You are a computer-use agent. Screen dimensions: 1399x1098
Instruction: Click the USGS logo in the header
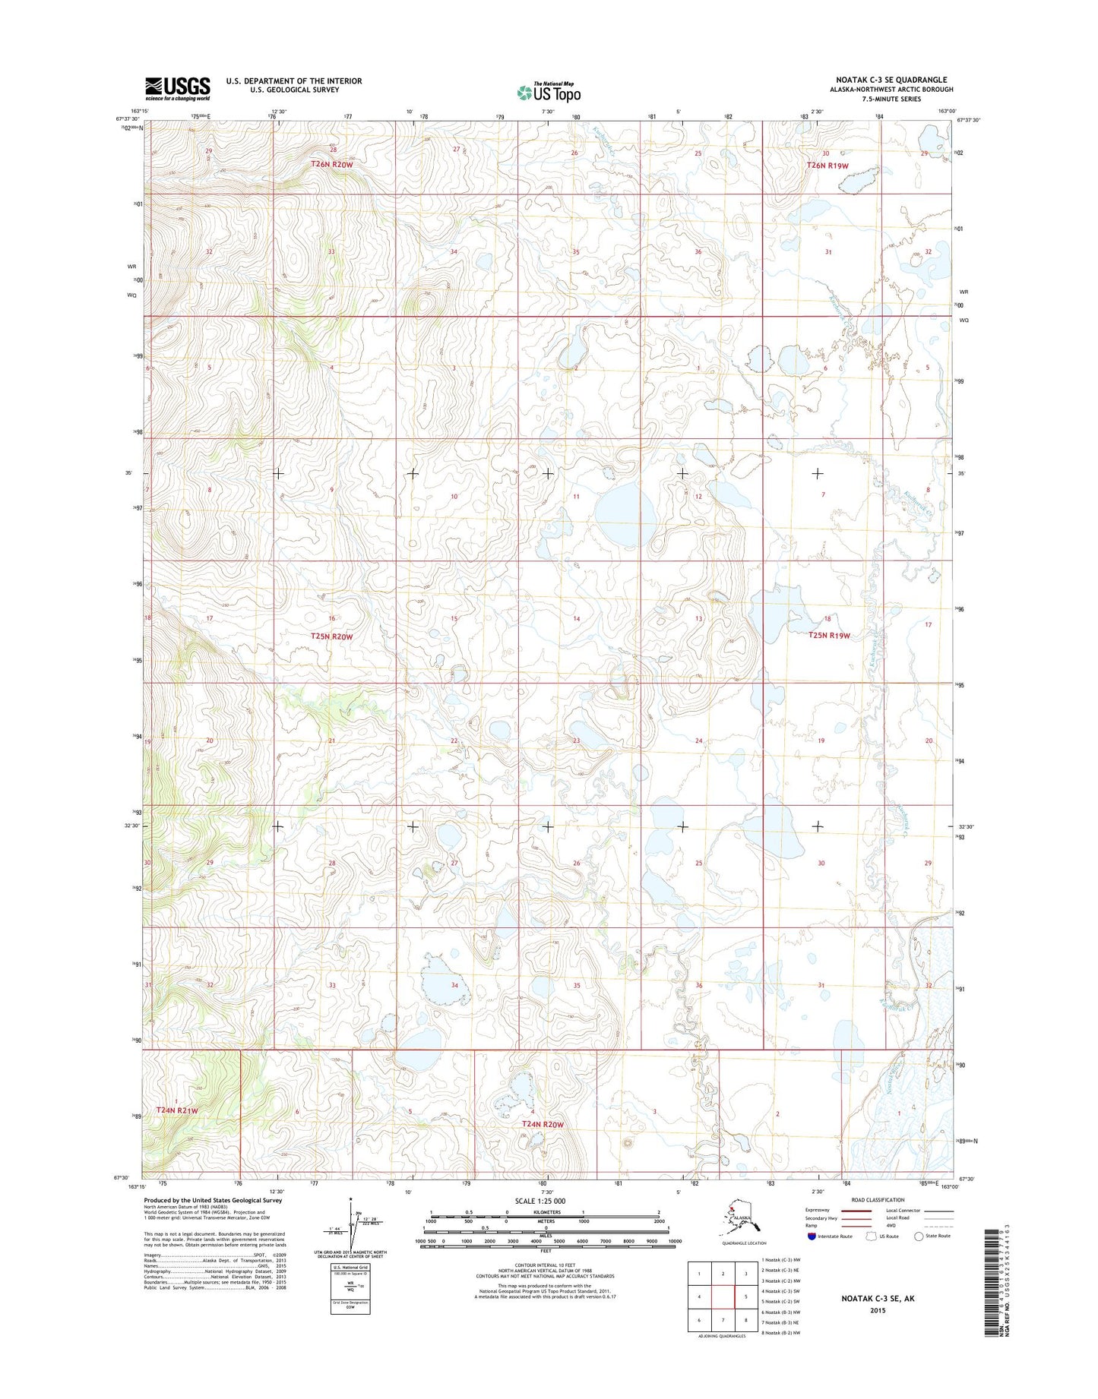pos(177,88)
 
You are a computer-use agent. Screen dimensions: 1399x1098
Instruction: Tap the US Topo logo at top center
pos(549,92)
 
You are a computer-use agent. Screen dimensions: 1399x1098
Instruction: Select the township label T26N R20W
pos(331,164)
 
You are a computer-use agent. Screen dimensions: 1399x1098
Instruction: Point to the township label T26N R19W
pos(827,165)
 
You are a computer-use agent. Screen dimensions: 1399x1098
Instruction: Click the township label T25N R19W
pos(829,636)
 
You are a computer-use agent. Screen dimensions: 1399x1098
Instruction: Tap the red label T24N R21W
pos(177,1110)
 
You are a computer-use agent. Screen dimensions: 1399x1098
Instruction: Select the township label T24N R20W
pos(543,1124)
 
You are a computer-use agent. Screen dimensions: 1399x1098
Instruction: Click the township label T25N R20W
pos(331,636)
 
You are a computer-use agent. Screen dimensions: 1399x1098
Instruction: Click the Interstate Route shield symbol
pos(812,1236)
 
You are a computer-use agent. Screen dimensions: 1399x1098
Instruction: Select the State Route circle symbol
pos(919,1236)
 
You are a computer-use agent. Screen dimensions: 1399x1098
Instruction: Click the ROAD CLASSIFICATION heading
pos(878,1200)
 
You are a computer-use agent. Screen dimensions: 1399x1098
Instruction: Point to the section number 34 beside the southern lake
pos(454,985)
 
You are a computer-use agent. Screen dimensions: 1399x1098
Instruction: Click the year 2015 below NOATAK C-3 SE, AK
pos(878,1310)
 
